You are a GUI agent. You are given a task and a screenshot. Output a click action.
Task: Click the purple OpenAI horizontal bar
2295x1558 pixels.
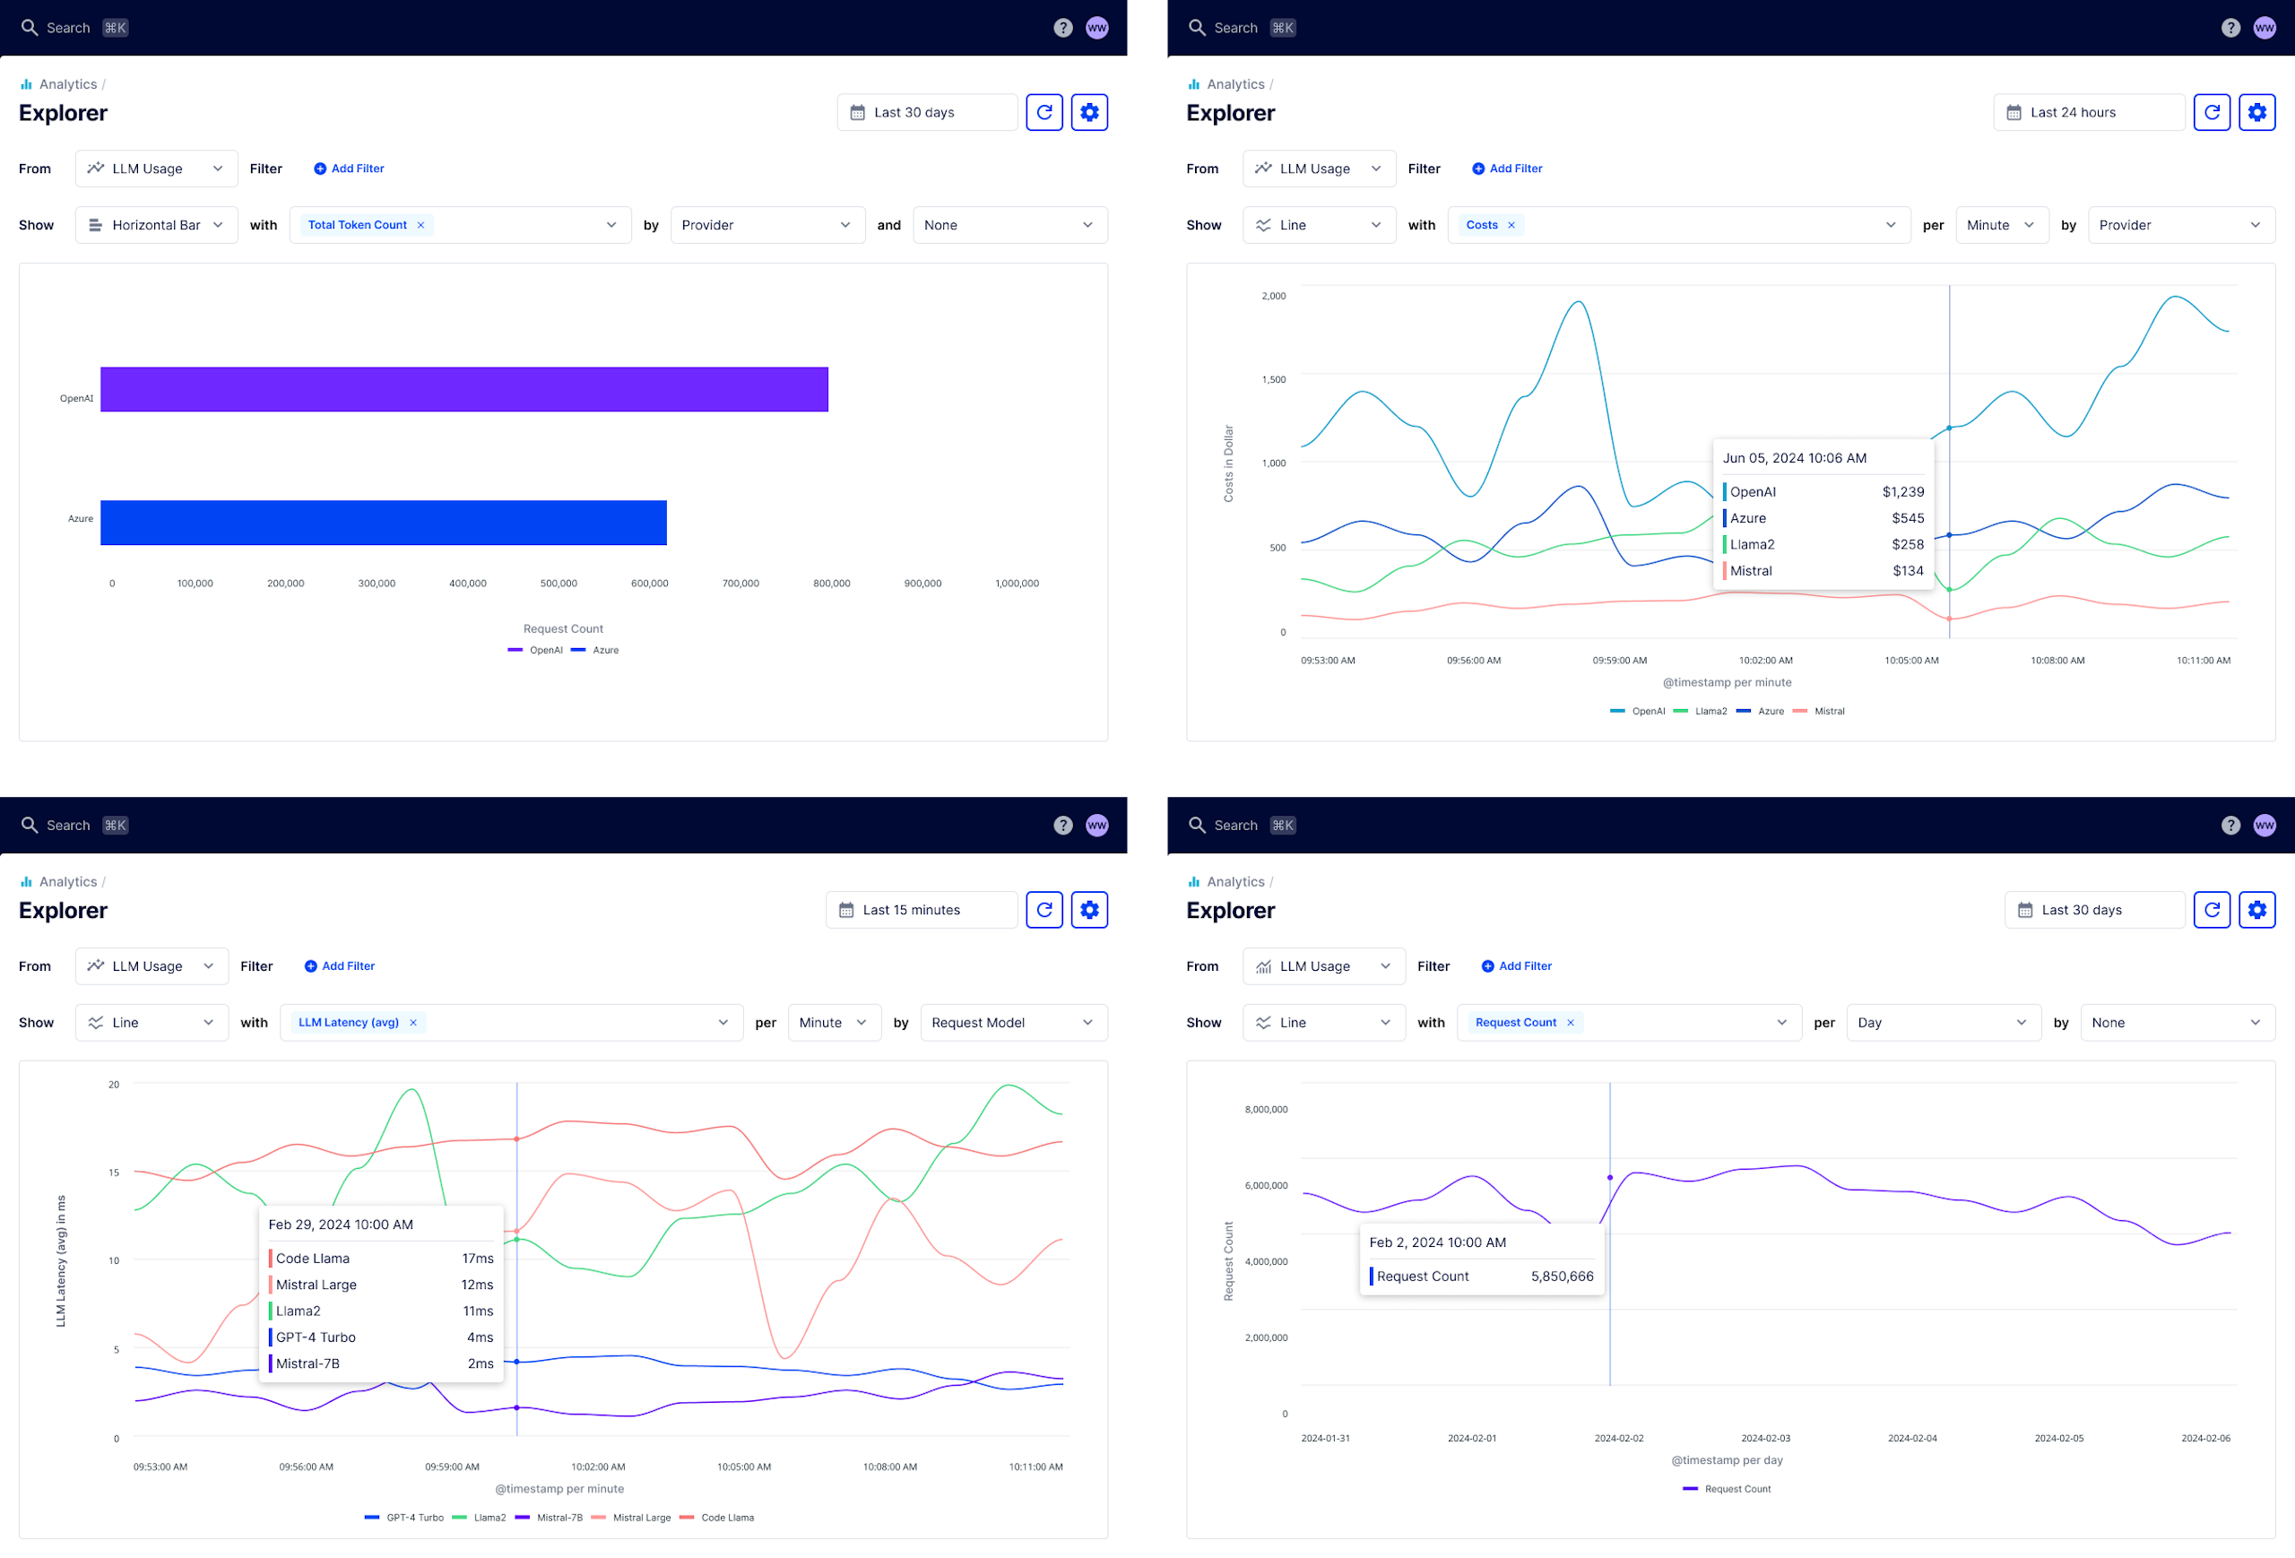click(464, 389)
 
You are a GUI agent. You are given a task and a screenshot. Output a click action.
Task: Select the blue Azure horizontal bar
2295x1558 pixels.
click(383, 523)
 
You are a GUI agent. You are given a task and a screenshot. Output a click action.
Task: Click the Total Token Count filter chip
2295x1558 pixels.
click(357, 225)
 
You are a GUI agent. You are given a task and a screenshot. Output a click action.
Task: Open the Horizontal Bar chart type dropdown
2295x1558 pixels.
click(156, 225)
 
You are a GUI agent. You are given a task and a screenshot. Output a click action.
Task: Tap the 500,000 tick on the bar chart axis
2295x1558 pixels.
click(558, 584)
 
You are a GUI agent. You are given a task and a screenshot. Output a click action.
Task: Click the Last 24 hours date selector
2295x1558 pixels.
click(2088, 113)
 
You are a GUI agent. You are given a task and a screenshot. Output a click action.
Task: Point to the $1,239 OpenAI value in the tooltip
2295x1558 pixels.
click(1902, 491)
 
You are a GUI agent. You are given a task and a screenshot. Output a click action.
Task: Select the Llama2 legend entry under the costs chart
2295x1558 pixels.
click(1710, 711)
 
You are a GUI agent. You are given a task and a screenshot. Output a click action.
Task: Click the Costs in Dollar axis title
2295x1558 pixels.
click(1228, 463)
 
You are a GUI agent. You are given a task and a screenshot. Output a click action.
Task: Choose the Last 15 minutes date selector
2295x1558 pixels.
click(921, 910)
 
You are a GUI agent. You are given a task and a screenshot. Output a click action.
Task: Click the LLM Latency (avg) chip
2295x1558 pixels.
click(349, 1023)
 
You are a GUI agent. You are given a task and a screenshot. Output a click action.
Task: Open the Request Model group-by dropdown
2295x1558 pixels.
click(1012, 1023)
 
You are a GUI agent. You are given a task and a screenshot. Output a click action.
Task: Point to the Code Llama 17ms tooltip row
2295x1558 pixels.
click(381, 1259)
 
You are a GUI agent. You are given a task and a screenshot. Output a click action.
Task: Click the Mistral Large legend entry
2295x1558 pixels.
click(640, 1518)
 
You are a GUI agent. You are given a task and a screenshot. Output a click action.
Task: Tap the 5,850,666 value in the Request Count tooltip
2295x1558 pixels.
click(1562, 1277)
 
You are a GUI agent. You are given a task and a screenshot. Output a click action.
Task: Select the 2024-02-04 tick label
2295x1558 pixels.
click(1912, 1439)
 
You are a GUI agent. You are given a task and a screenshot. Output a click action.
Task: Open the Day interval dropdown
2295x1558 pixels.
click(1941, 1023)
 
